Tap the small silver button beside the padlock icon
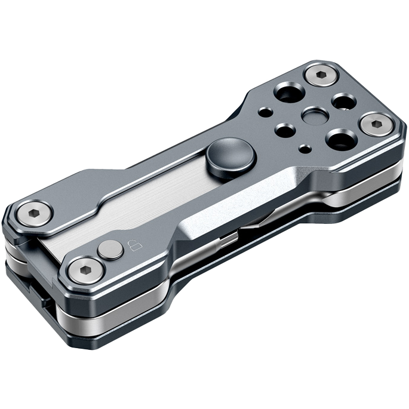(110, 250)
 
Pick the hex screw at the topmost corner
(320, 76)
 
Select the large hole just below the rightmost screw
(342, 141)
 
